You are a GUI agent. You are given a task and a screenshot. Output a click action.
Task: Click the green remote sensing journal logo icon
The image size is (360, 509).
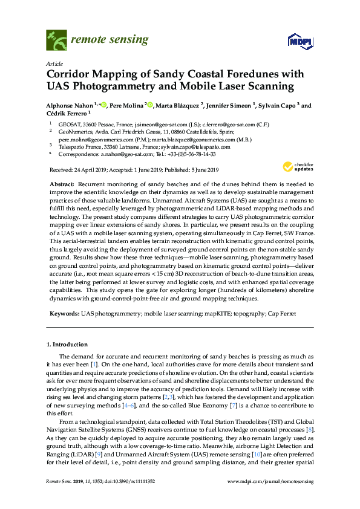coord(56,41)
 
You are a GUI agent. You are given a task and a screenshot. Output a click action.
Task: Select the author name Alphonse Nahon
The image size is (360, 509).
coord(68,105)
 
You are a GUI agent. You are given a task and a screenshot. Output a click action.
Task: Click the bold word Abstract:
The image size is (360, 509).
coord(61,183)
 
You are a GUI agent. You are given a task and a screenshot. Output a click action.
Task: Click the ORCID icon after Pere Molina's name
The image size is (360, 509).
coord(151,105)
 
